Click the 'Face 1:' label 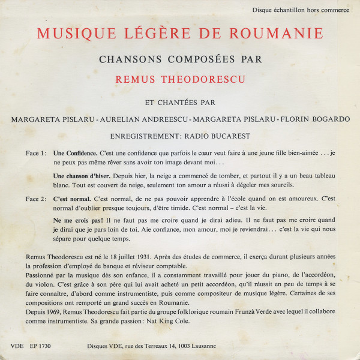[37, 153]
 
